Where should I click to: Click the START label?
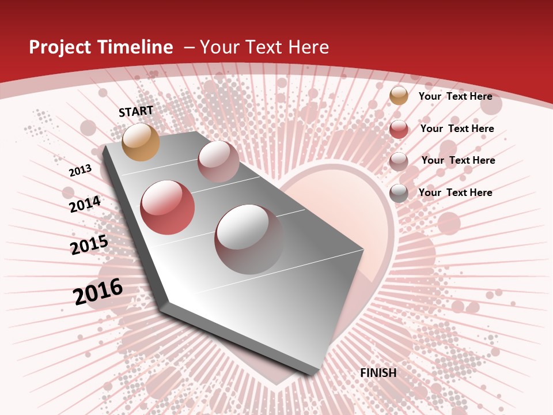(136, 111)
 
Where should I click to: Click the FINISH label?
(378, 373)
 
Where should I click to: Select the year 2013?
(80, 171)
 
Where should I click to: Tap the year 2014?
(85, 204)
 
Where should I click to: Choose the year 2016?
(98, 292)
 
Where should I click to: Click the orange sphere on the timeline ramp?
(141, 142)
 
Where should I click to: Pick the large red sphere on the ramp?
(167, 207)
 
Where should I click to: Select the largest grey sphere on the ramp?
(249, 239)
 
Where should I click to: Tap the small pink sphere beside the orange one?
(218, 161)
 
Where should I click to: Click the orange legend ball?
(399, 96)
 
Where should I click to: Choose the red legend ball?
(399, 129)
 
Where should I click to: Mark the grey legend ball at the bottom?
(399, 193)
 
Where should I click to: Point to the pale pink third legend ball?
(399, 161)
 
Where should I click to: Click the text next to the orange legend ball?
(455, 96)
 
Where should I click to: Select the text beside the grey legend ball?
(455, 193)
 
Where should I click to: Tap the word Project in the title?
(59, 47)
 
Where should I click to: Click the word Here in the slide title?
(308, 47)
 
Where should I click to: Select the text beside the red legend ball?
(457, 129)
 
